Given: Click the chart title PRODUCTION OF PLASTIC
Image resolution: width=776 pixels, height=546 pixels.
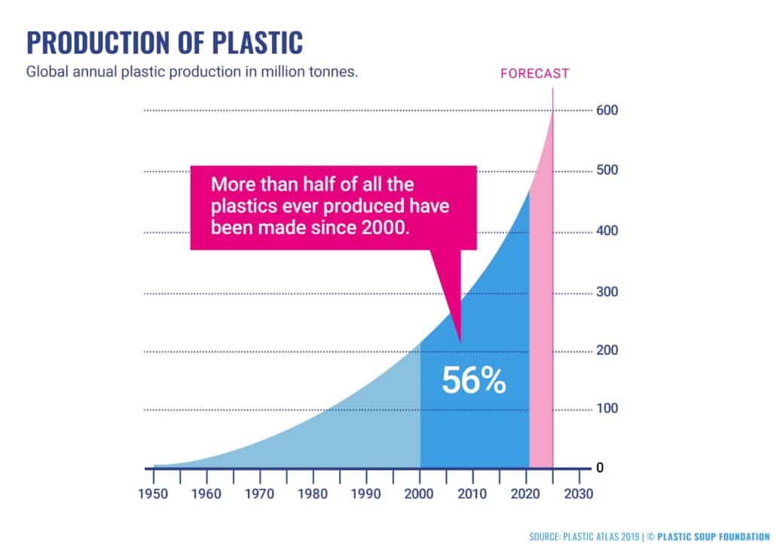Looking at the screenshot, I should point(165,42).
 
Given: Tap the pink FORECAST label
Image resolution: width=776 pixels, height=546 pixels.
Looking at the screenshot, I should point(535,74).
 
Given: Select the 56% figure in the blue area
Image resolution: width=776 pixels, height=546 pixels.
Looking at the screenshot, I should point(473,380).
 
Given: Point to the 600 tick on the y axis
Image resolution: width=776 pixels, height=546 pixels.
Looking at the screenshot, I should point(608,110).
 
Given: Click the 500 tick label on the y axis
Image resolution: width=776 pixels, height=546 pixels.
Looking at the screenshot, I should point(608,170).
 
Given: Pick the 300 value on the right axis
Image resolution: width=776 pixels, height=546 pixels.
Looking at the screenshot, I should point(608,292).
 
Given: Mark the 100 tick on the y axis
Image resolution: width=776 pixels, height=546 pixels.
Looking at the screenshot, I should point(608,409).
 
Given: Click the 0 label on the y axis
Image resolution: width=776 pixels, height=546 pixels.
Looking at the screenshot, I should point(600,468).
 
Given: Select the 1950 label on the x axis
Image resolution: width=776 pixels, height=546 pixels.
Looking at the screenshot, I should point(154,494).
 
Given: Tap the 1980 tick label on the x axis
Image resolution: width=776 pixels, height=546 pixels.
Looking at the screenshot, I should point(313,494).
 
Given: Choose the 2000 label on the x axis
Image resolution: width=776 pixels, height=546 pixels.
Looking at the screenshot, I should point(420,494).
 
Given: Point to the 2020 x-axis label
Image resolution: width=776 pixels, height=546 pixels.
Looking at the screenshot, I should point(526,494).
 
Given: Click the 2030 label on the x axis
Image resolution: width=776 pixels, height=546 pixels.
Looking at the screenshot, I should point(579,494).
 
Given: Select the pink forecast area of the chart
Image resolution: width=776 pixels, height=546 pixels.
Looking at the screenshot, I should point(541,339).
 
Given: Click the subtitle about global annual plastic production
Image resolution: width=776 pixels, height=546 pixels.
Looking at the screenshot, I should point(191,73).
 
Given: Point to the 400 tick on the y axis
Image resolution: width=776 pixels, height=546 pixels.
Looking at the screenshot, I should point(608,231).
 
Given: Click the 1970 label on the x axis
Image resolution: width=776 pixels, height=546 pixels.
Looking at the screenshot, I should point(260,494).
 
